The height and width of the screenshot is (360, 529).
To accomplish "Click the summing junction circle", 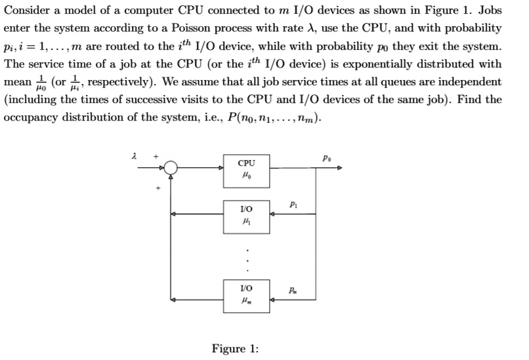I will pyautogui.click(x=171, y=169).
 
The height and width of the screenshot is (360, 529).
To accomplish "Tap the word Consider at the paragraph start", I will pyautogui.click(x=28, y=12).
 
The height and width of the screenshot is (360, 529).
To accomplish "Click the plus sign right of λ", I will pyautogui.click(x=156, y=157).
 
